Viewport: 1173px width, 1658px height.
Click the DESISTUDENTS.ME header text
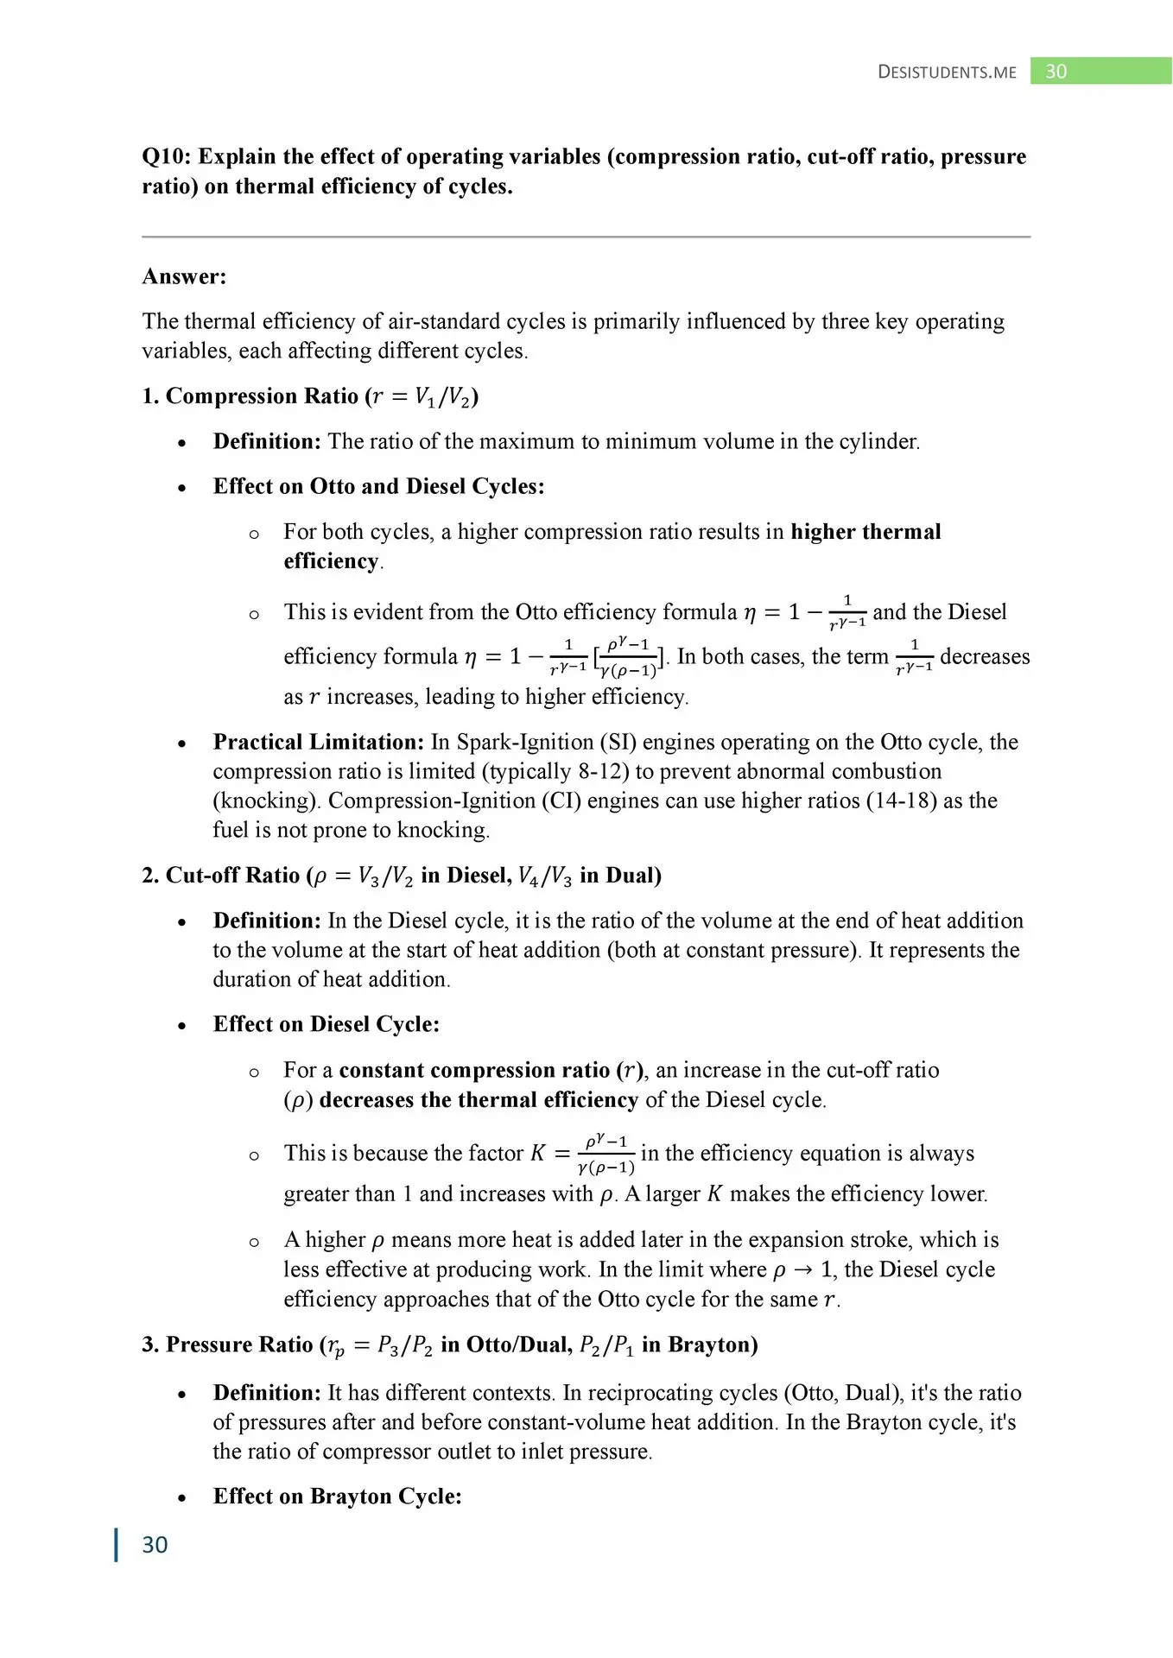[x=947, y=72]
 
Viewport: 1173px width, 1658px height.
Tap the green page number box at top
[x=1100, y=71]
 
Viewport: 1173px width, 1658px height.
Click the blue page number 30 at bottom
[x=155, y=1545]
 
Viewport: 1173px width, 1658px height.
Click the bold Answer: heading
[x=184, y=276]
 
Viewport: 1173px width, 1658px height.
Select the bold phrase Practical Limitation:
[x=319, y=742]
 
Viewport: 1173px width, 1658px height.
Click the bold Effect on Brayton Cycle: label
[x=337, y=1497]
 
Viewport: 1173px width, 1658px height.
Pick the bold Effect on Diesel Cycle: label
[x=326, y=1024]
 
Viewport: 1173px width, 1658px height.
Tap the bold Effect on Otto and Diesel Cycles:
[x=378, y=486]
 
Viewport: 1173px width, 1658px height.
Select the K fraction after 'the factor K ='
[x=606, y=1155]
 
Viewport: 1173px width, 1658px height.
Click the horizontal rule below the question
[x=586, y=236]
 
